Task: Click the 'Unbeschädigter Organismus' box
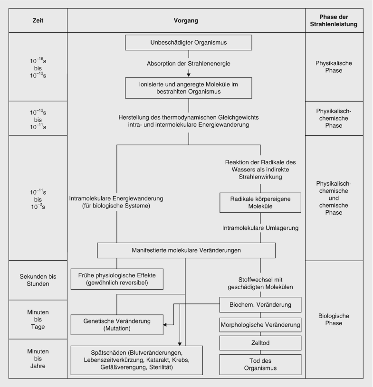189,42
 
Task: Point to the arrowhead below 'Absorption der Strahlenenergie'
189,74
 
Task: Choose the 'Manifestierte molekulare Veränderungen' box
186,250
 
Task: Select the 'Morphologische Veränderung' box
260,325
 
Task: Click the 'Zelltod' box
260,342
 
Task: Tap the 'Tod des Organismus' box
260,364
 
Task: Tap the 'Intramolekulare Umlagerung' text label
260,228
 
